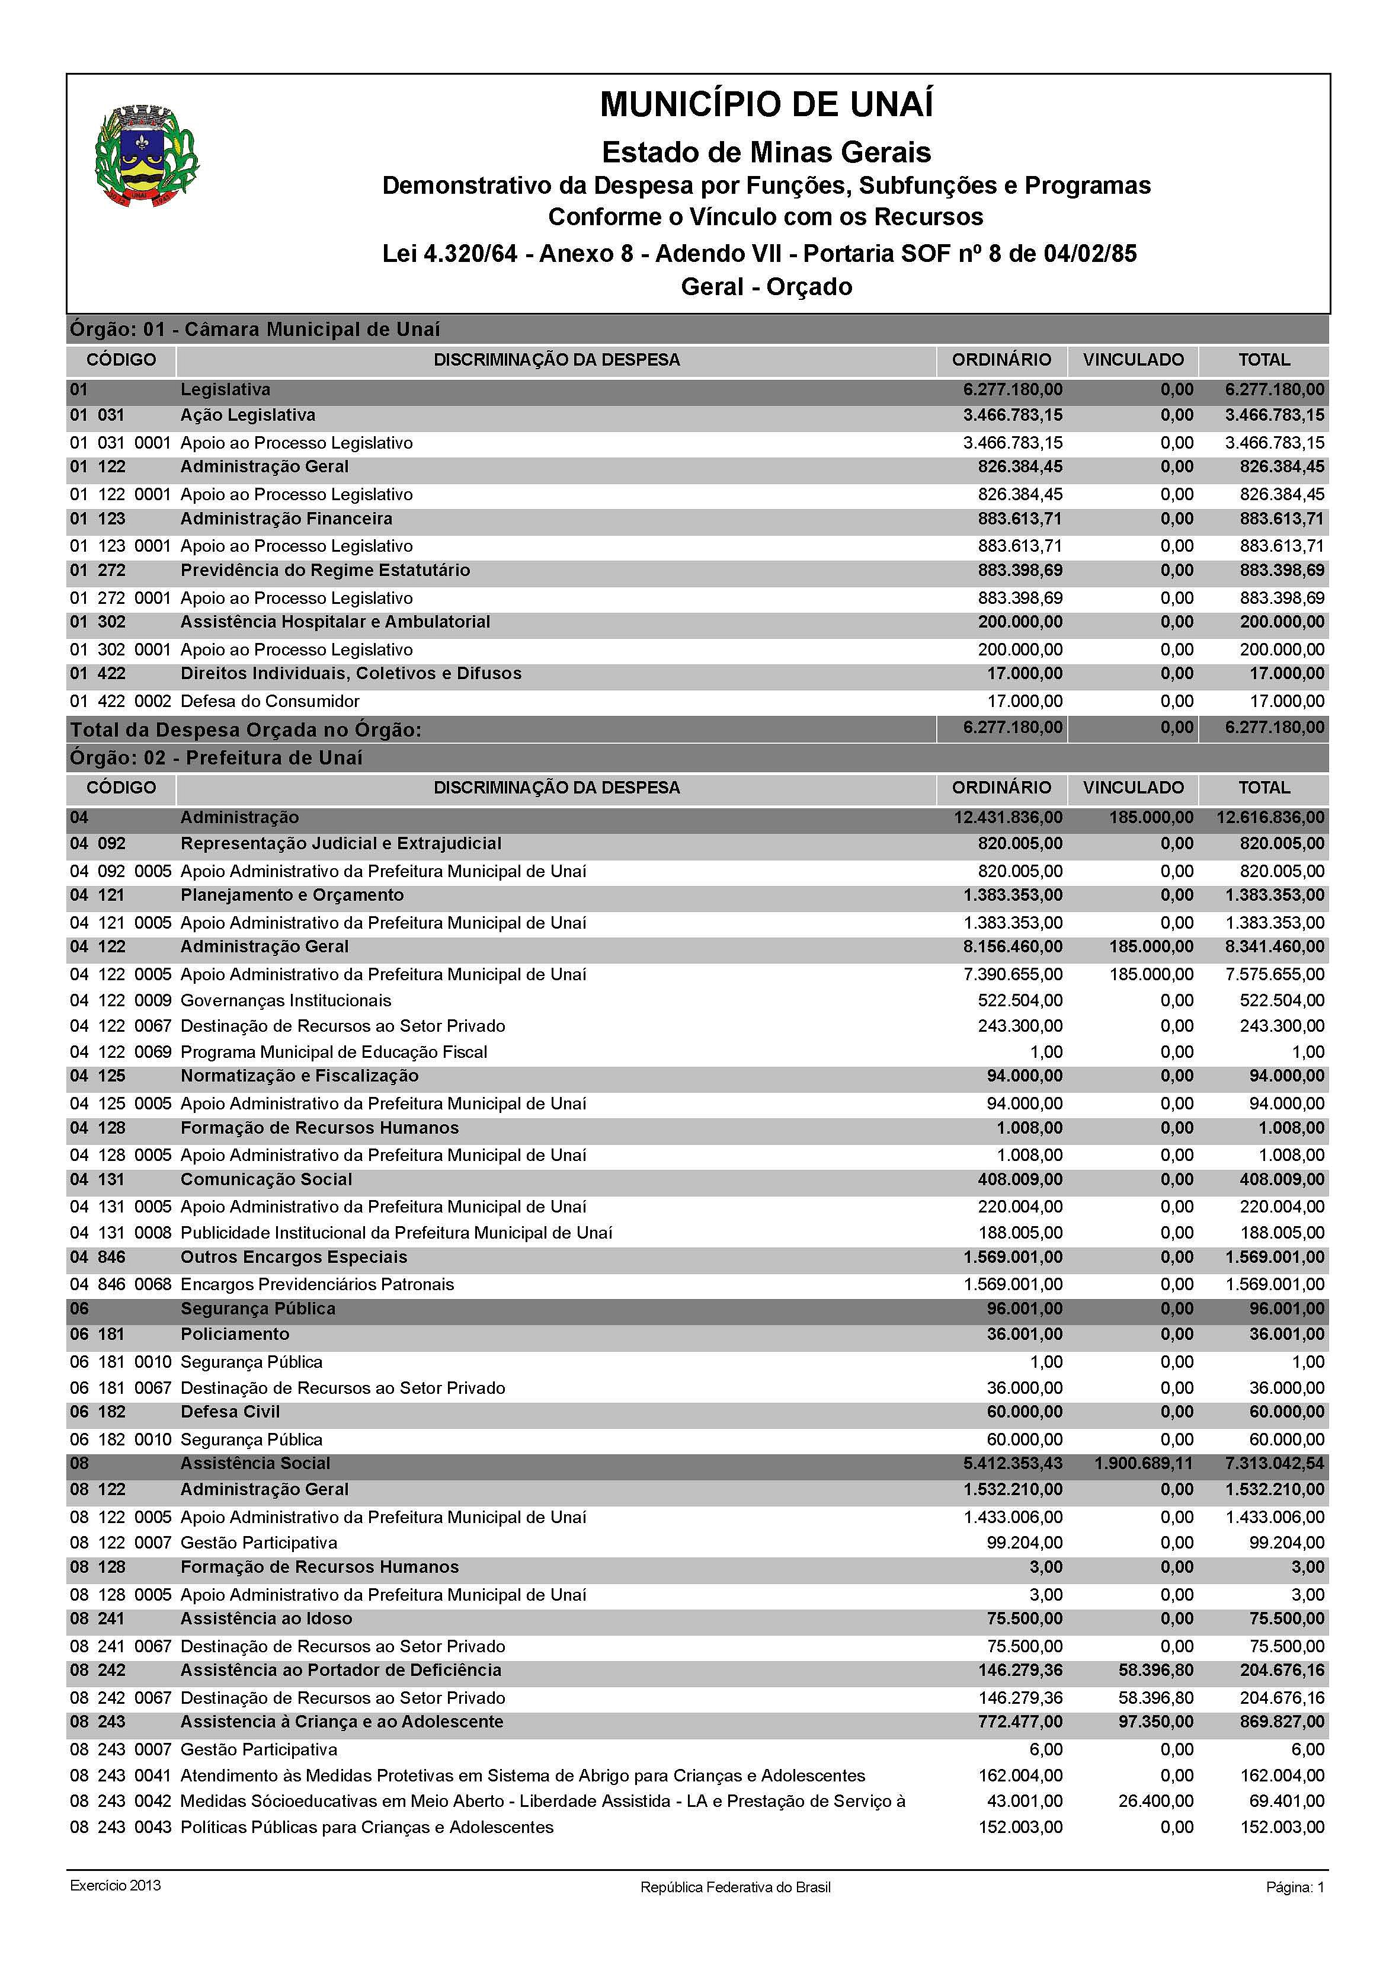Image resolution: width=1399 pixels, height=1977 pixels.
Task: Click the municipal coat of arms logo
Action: [146, 156]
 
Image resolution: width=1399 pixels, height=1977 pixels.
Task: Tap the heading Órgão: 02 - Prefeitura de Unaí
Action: [216, 758]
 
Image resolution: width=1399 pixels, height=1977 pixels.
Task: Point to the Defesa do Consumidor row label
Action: [270, 701]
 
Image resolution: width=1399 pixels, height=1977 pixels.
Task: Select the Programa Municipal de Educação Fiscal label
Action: [334, 1052]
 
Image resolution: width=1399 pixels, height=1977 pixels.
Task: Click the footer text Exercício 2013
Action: [116, 1886]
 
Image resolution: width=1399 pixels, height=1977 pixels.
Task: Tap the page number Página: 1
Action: [1294, 1888]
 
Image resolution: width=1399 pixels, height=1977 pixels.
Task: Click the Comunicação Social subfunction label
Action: [266, 1179]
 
